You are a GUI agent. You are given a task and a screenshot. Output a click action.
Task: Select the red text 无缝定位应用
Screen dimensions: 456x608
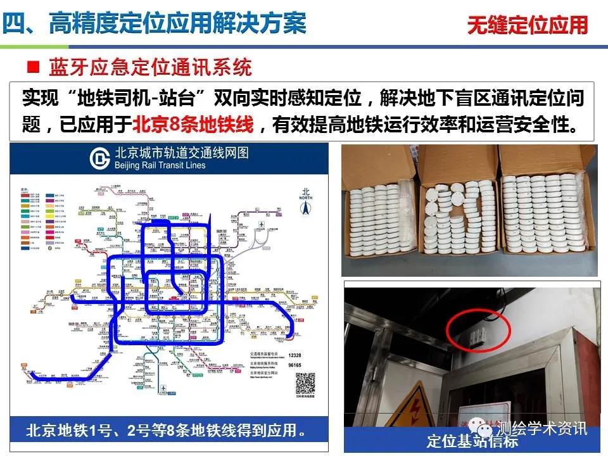coord(528,25)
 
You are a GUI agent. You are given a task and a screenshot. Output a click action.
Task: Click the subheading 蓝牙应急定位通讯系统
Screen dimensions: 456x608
coord(149,66)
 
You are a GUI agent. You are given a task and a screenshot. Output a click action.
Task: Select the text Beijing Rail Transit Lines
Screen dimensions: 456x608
coord(160,165)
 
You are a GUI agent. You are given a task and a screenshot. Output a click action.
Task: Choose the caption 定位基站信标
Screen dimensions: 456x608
coord(472,441)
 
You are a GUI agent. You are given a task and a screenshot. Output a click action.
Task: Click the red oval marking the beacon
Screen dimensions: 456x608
coord(478,329)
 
